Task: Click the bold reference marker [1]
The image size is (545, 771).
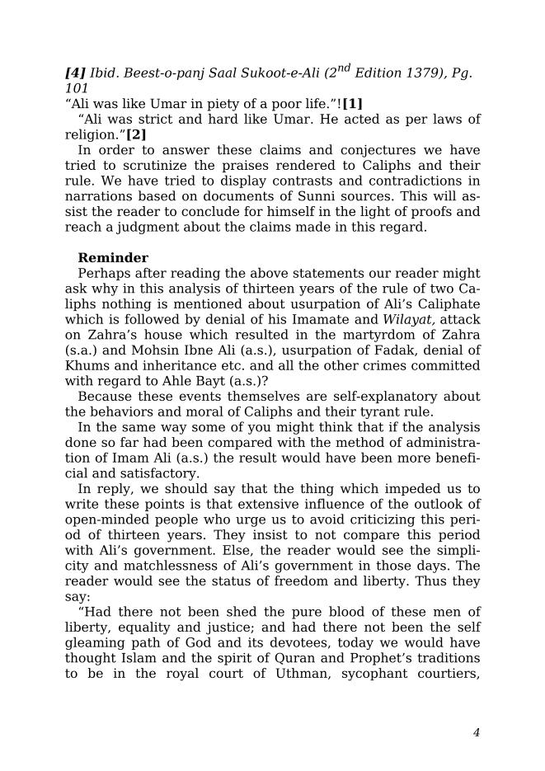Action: pyautogui.click(x=352, y=104)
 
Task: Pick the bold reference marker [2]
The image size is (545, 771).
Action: pyautogui.click(x=136, y=134)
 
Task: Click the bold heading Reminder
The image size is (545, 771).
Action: pyautogui.click(x=113, y=258)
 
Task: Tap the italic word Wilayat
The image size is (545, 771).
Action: pyautogui.click(x=413, y=319)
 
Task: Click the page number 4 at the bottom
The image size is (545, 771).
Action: pyautogui.click(x=477, y=732)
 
